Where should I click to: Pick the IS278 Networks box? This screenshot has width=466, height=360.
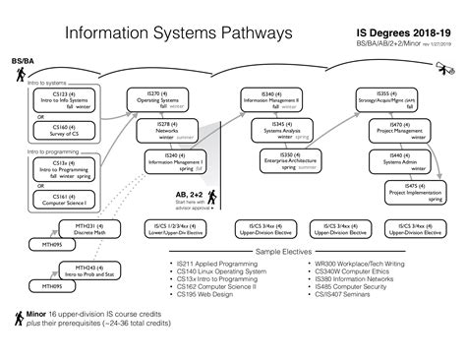coord(168,129)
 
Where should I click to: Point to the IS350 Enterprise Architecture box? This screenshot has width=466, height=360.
coord(293,160)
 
